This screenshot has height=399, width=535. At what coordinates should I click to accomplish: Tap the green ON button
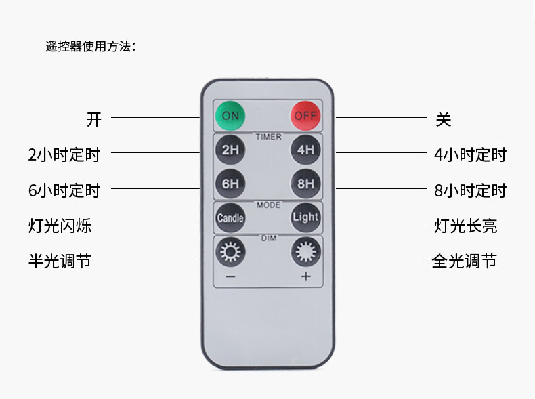click(x=230, y=116)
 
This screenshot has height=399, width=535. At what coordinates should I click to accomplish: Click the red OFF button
click(x=305, y=116)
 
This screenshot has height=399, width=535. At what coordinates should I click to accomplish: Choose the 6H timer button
click(x=230, y=183)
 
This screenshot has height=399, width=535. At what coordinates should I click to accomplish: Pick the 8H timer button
click(x=305, y=183)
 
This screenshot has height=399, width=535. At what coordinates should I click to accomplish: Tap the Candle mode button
click(x=230, y=217)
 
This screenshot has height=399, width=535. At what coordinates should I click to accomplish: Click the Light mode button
click(x=305, y=217)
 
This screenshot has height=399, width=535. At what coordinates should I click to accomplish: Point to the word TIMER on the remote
click(x=268, y=137)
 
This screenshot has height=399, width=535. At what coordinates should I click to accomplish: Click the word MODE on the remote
click(x=268, y=204)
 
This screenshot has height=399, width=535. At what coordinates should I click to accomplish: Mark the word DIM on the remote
click(x=268, y=238)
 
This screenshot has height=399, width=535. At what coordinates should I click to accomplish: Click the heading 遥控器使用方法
click(x=90, y=47)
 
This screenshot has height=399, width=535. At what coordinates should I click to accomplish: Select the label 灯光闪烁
click(x=60, y=226)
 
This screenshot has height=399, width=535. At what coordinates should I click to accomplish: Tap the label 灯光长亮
click(x=466, y=226)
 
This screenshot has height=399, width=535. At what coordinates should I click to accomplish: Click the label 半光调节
click(x=60, y=261)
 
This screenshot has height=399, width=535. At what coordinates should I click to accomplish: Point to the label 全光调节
click(x=465, y=261)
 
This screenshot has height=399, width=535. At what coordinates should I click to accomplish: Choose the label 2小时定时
click(x=64, y=155)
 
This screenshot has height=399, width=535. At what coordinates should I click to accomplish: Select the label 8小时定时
click(x=470, y=191)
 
